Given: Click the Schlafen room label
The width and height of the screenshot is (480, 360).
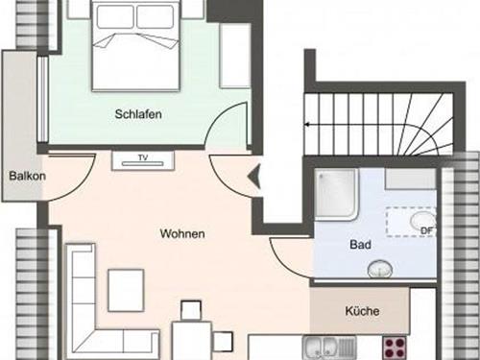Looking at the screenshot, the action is [138, 114].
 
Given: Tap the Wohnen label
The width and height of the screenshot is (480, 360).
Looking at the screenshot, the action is [182, 233].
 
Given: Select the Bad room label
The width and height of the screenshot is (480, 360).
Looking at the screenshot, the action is [361, 245].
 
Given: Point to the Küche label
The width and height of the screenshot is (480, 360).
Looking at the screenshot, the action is [362, 311].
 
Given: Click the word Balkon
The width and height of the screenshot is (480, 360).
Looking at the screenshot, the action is [27, 176].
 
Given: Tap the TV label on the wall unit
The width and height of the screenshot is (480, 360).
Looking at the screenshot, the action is [143, 157].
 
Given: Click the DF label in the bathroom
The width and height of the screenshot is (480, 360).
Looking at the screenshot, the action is [426, 230].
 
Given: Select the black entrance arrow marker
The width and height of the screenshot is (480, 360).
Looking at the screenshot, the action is [254, 177].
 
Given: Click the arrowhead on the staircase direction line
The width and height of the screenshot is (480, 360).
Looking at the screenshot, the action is [306, 125].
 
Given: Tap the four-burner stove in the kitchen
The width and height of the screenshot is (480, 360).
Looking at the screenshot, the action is [396, 348].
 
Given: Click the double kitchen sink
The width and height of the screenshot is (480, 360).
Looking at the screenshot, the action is [329, 348].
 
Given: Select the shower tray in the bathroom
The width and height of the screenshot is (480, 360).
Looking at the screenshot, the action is [336, 195].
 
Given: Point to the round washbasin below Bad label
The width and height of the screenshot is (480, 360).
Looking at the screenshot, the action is [380, 269].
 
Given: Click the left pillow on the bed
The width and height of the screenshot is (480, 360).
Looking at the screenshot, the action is [115, 16].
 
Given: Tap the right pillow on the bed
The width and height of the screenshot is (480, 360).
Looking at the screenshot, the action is [156, 16].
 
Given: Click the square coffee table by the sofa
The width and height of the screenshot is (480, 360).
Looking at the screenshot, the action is [126, 290].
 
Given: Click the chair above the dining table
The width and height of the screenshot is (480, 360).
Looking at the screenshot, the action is [191, 310].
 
